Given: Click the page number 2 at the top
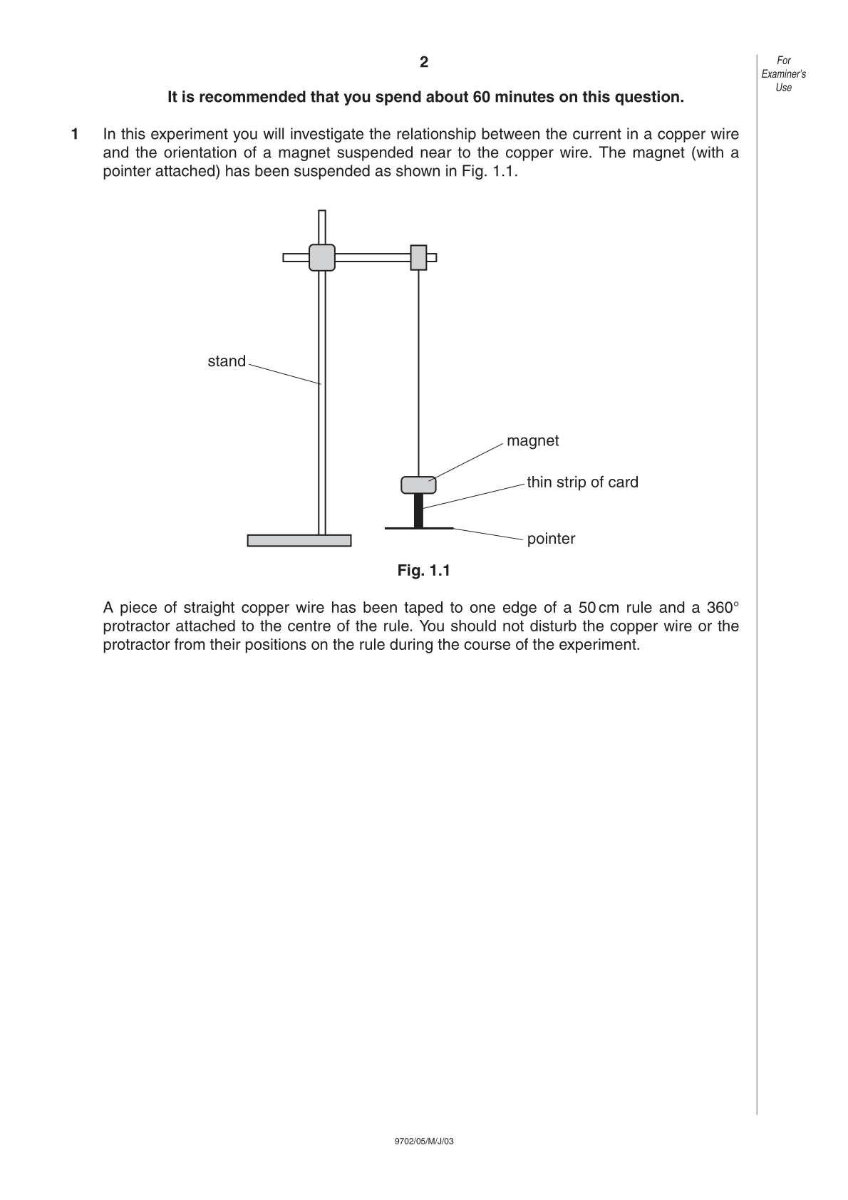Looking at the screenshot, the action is tap(424, 63).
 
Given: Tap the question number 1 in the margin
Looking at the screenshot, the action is tap(75, 134).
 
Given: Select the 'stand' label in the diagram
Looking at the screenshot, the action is tap(227, 361).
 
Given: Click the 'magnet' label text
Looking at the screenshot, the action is tap(532, 441).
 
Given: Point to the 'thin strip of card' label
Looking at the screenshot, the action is tap(582, 482).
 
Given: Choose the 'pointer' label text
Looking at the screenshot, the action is tap(551, 539).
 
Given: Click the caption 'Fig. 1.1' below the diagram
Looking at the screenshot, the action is tap(424, 571).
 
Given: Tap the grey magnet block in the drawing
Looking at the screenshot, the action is tap(418, 485).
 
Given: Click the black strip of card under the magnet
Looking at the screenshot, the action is tap(418, 510).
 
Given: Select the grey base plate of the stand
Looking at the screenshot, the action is tap(299, 541).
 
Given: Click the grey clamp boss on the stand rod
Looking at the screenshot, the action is tap(322, 258).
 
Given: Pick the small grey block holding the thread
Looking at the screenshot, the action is tap(418, 258).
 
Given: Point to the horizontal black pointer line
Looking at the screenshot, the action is tap(419, 528).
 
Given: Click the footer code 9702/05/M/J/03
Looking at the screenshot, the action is tap(424, 1141).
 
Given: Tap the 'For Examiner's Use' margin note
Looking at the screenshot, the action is tap(784, 74).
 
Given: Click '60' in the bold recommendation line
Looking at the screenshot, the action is tap(481, 97).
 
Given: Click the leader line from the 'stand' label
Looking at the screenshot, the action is tap(285, 374).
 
